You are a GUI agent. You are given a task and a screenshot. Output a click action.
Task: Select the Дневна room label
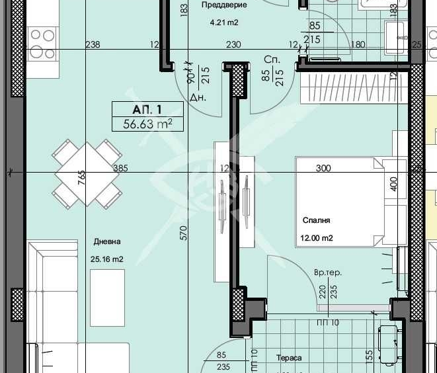[x=106, y=242]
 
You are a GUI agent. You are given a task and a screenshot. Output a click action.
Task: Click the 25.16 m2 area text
[x=107, y=259]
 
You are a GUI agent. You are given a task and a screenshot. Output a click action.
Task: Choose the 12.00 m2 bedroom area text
[x=318, y=238]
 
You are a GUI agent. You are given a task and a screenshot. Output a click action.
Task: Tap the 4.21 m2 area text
[x=223, y=22]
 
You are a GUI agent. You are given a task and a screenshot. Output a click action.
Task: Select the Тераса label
[x=289, y=358]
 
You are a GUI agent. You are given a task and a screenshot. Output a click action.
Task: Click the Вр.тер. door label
[x=328, y=272]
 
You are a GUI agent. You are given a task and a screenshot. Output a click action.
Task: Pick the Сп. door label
[x=269, y=58]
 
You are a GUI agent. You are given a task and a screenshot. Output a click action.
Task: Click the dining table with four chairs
[x=87, y=174]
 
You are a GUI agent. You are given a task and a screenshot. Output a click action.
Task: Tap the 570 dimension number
[x=184, y=232]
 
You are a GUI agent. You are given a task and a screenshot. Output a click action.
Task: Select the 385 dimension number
[x=120, y=168]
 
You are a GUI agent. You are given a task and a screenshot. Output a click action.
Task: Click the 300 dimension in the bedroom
[x=323, y=168]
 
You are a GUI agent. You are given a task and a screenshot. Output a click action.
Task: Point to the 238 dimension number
[x=93, y=44]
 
